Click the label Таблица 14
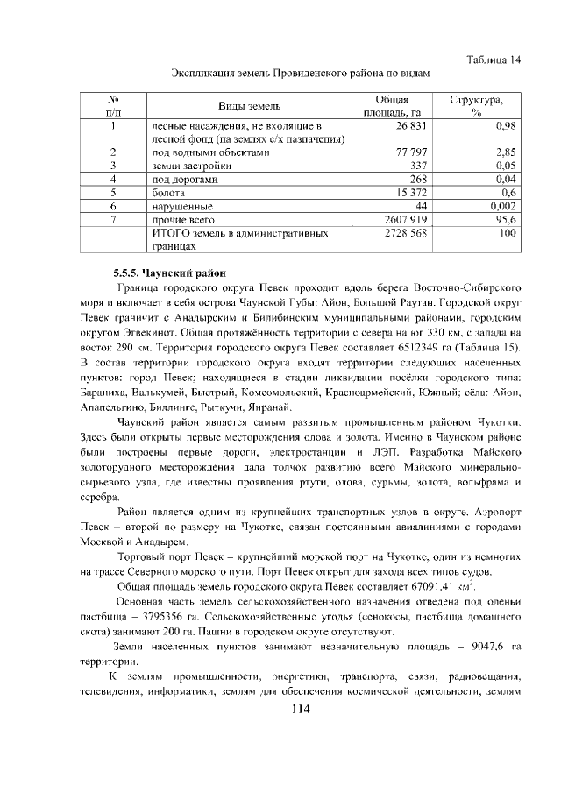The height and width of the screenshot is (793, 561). pyautogui.click(x=494, y=59)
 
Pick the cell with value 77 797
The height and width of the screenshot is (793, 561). pyautogui.click(x=411, y=152)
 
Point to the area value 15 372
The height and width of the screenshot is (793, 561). pyautogui.click(x=411, y=191)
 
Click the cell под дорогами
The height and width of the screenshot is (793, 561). pyautogui.click(x=183, y=178)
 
